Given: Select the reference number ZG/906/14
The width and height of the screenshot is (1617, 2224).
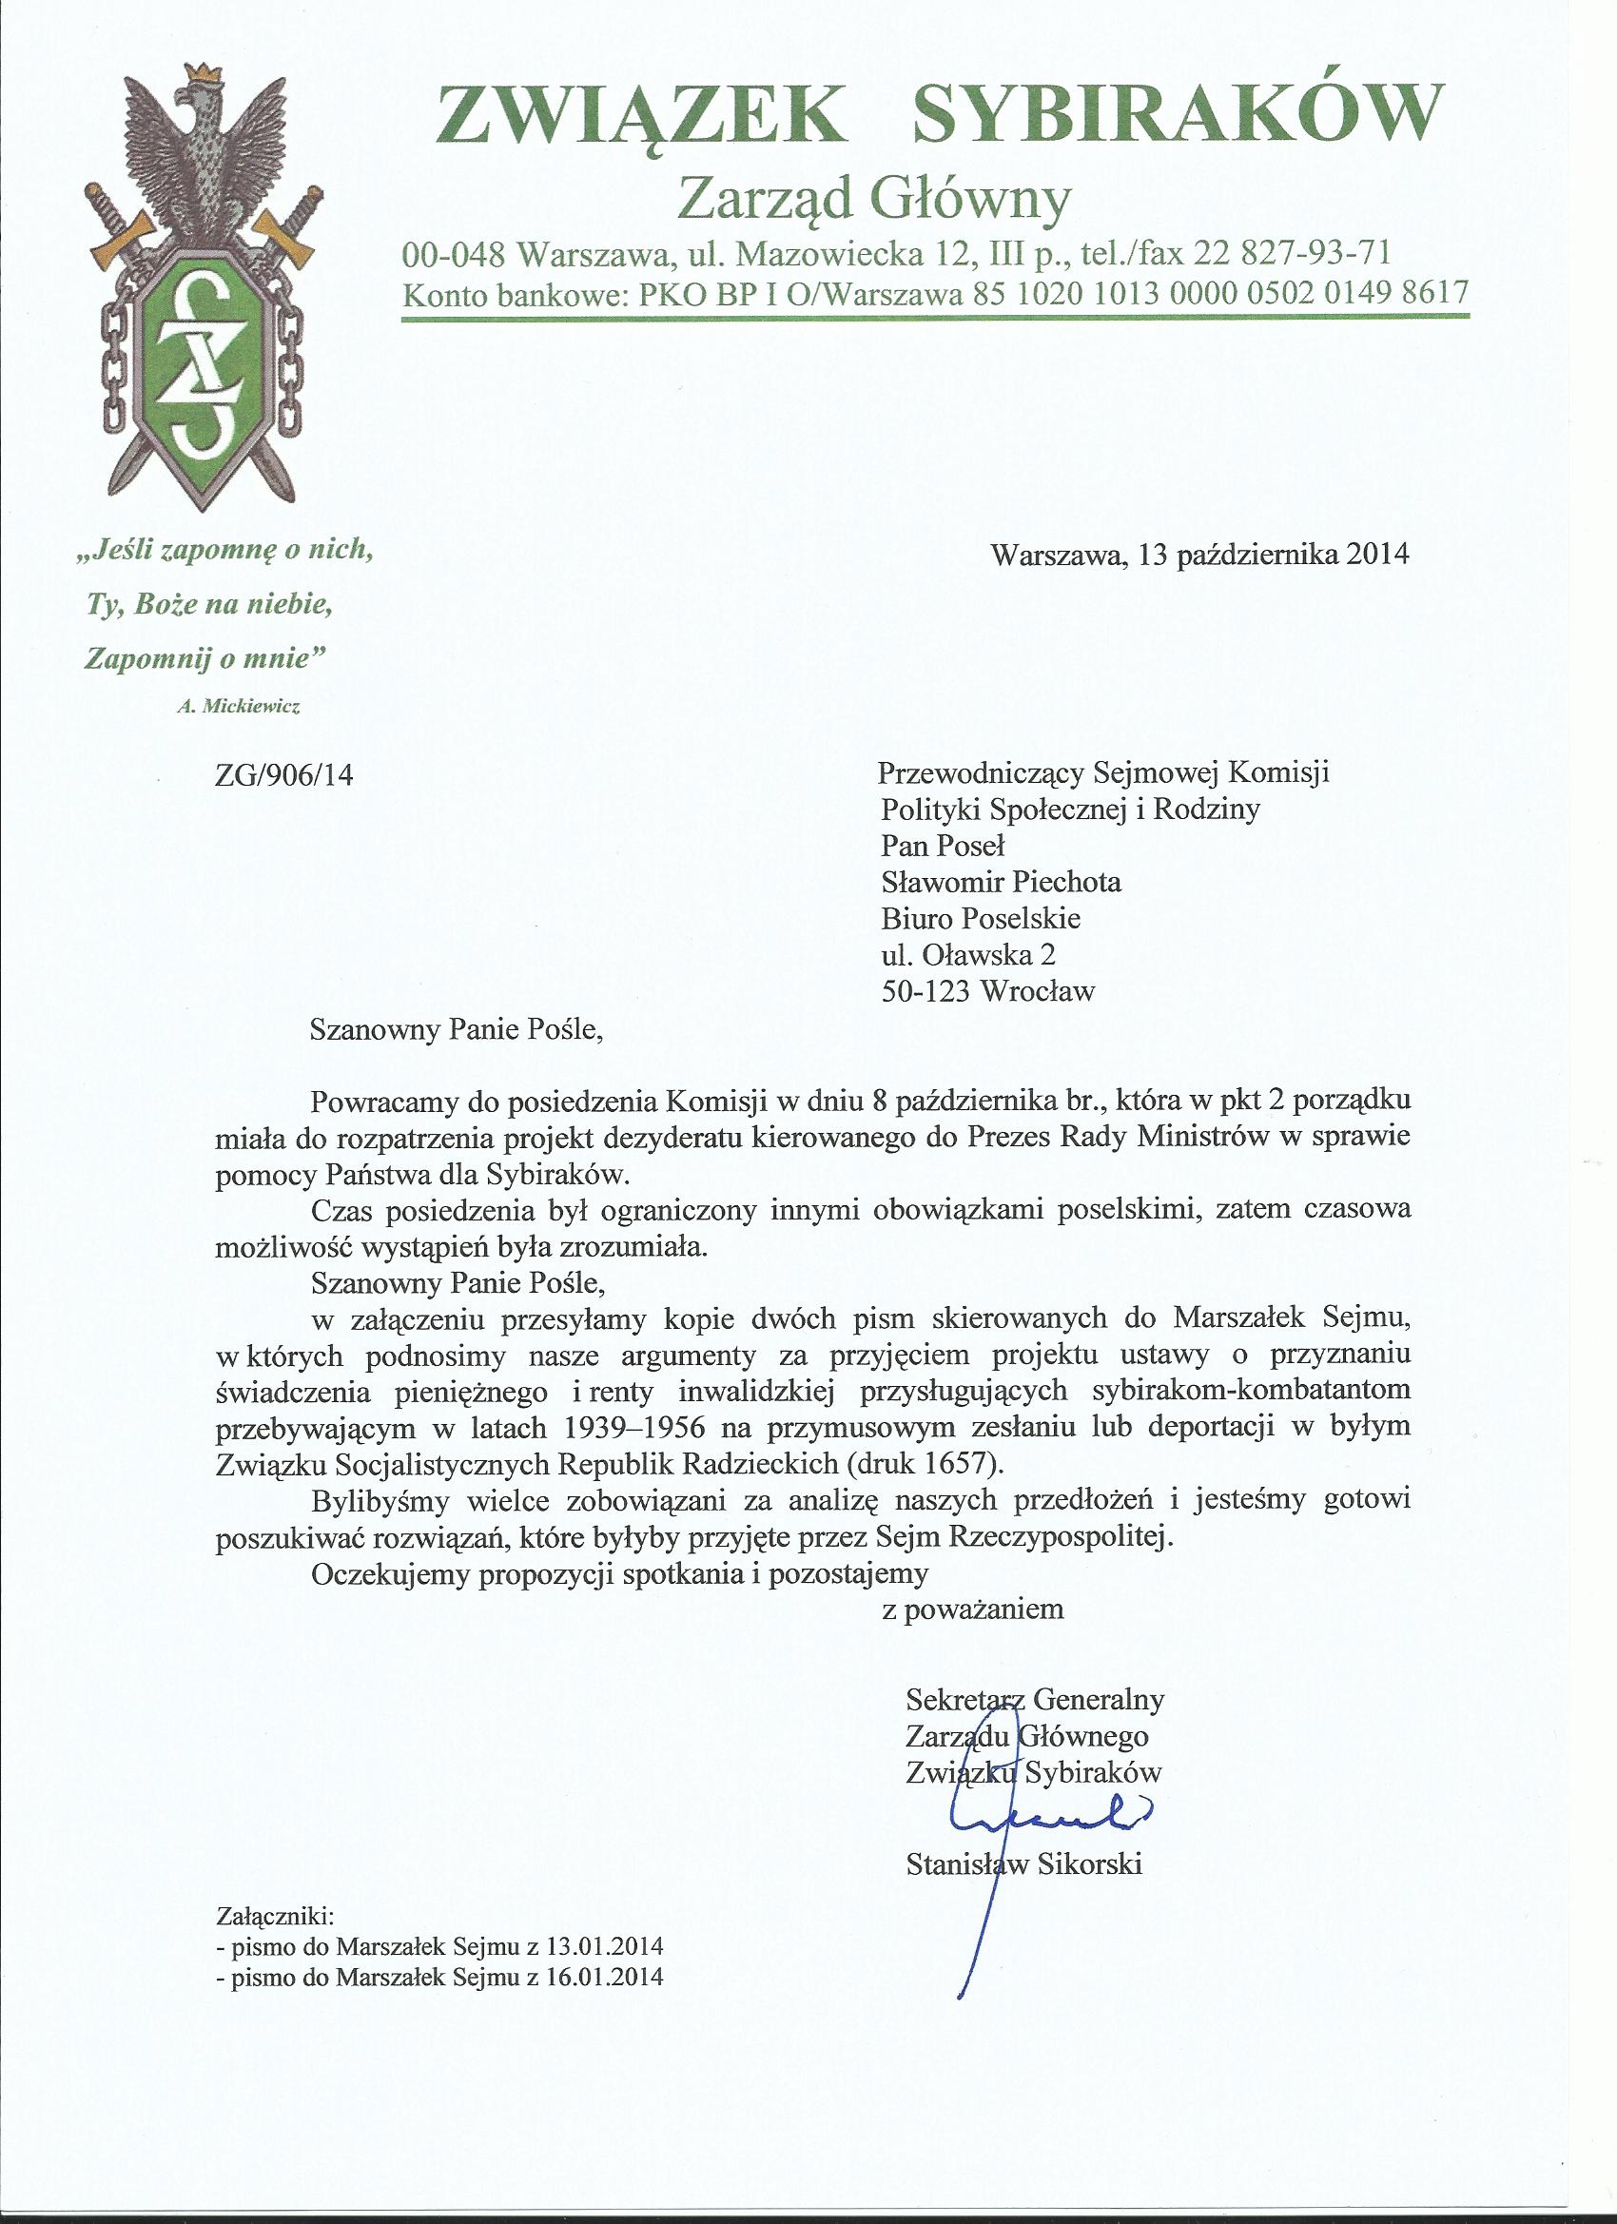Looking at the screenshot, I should pos(283,775).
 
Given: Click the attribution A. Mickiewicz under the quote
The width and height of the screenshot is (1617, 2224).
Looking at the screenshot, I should pos(239,707).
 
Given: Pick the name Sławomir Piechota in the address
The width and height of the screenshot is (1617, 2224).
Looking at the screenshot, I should pos(1002,882).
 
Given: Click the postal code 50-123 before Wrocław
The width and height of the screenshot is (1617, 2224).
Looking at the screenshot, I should pos(925,991).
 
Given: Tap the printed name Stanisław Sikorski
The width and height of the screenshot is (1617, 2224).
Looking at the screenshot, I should pos(1024,1864).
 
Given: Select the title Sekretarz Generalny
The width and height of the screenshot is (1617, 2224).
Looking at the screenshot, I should pos(1036,1698).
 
